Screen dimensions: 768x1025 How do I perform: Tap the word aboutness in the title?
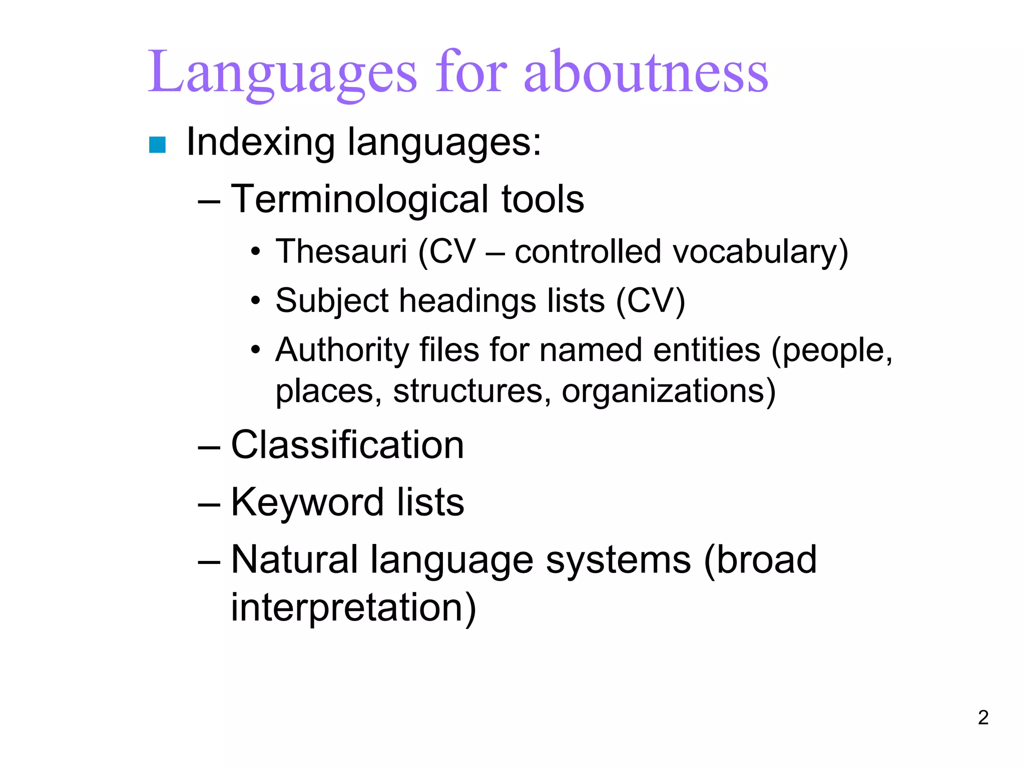646,72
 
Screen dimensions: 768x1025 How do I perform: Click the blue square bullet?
157,145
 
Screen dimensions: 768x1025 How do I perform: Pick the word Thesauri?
341,251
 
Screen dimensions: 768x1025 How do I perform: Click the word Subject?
332,301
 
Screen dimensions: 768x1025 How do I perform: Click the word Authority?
342,350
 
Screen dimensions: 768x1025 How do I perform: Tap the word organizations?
669,391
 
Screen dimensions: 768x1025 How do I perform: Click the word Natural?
294,560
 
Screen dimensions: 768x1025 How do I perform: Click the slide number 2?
983,717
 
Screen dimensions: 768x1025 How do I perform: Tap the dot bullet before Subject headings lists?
256,301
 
